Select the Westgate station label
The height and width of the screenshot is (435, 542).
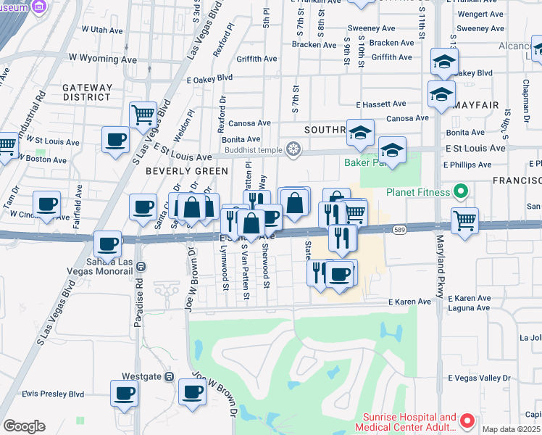(x=141, y=376)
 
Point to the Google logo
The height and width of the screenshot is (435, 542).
(x=23, y=426)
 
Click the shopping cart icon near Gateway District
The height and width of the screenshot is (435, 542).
(x=143, y=114)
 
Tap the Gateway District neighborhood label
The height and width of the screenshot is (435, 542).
(x=88, y=92)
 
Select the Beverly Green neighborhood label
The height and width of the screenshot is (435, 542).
(x=187, y=171)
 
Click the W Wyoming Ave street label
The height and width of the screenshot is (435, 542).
(x=104, y=56)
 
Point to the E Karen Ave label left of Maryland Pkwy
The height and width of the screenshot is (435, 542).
(x=409, y=301)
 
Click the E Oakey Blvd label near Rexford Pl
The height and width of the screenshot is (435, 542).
(x=209, y=79)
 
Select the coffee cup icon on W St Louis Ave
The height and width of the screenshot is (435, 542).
(x=114, y=139)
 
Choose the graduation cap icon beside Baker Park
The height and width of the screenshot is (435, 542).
(x=392, y=150)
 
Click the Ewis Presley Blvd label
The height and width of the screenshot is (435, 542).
(x=53, y=394)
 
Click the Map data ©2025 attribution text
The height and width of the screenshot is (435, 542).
(x=512, y=429)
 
